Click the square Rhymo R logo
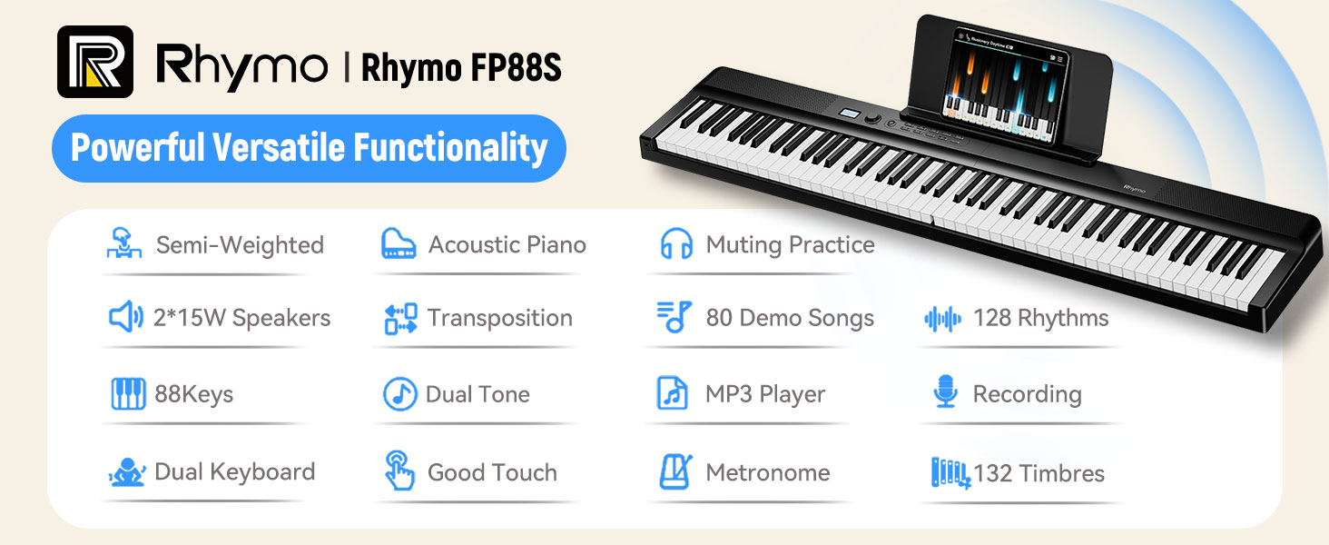95,62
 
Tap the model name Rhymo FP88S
461,67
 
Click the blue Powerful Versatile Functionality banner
309,148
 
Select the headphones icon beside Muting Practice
676,243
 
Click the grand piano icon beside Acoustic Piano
399,243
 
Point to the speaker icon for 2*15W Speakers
126,317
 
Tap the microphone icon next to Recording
945,391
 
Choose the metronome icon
675,472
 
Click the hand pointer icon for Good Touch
399,471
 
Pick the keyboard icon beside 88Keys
128,393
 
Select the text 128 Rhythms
1040,318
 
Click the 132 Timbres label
1039,473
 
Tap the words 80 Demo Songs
790,318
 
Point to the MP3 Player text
765,394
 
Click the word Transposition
500,318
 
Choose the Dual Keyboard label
235,472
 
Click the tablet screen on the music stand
1004,86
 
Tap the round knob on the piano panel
872,119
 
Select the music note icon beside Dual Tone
400,393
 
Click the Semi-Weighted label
241,244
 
